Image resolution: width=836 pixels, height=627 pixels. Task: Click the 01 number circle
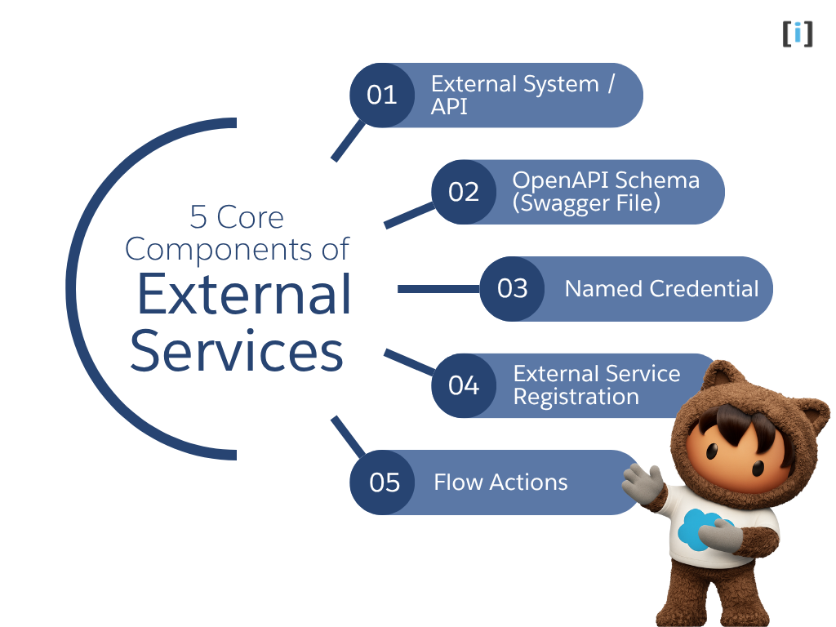tap(382, 96)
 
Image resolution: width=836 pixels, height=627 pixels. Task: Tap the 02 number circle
tap(464, 192)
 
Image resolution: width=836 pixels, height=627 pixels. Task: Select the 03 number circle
tap(512, 289)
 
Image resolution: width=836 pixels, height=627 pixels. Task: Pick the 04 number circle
tap(464, 385)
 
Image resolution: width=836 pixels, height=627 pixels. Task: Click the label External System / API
tap(522, 96)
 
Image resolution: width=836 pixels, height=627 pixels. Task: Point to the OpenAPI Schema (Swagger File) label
tap(606, 192)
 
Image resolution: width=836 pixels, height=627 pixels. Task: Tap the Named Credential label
tap(661, 289)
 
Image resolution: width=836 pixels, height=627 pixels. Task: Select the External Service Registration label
tap(596, 385)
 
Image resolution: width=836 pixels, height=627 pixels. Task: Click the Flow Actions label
tap(500, 482)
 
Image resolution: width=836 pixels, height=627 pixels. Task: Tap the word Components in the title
tap(237, 249)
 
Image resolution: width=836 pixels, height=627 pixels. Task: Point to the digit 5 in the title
tap(198, 217)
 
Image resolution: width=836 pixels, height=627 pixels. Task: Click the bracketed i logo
tap(798, 33)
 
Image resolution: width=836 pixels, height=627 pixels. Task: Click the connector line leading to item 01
tap(348, 140)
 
